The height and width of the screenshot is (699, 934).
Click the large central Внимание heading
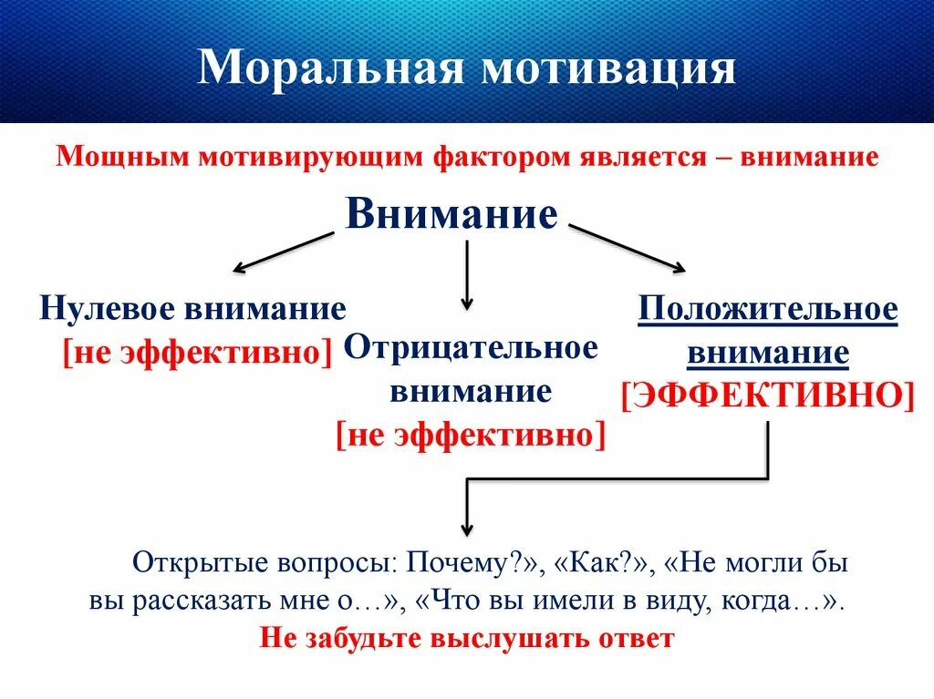point(451,215)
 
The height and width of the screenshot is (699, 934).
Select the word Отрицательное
point(471,347)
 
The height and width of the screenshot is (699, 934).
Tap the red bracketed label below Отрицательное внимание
point(471,435)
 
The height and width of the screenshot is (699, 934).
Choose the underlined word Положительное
point(768,310)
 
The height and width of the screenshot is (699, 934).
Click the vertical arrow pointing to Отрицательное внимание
point(467,273)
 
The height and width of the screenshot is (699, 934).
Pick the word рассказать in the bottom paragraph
point(210,601)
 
